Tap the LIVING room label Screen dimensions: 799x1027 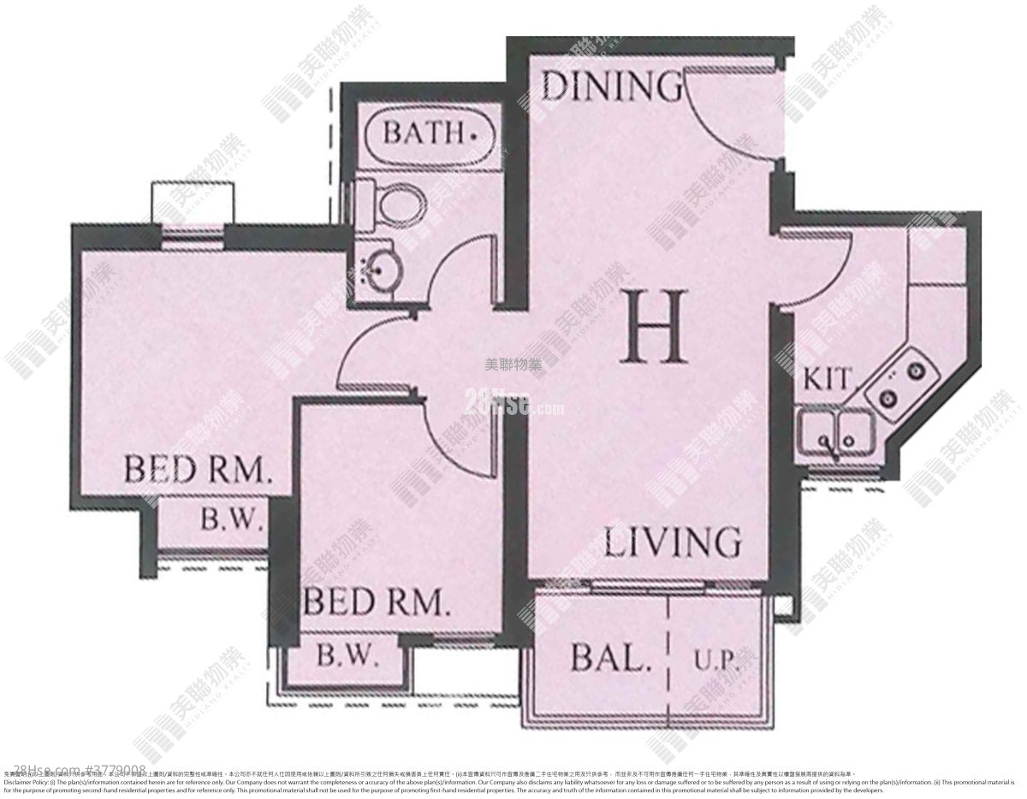coord(673,542)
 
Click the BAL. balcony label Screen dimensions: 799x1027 coord(606,660)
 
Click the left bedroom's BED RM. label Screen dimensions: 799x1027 coord(198,470)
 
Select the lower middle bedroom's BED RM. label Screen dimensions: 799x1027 coord(377,602)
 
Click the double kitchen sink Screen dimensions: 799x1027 coord(834,431)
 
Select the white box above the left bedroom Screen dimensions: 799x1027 coord(192,203)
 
